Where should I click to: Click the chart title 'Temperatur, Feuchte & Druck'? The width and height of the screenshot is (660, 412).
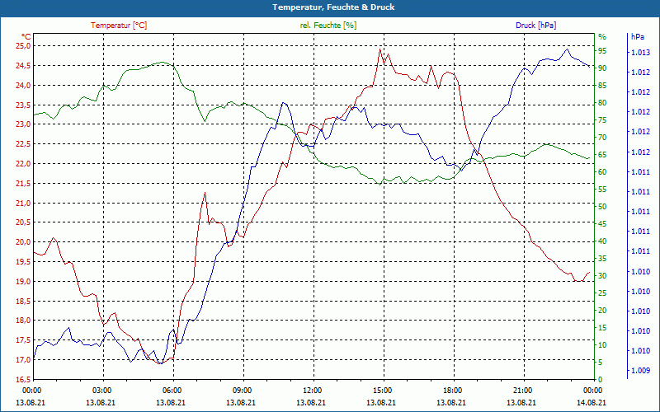(329, 7)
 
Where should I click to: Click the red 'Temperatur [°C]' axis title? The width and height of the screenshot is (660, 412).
(118, 26)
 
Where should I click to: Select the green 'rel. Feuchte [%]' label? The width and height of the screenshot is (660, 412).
(328, 26)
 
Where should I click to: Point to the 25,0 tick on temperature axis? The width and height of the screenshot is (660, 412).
(21, 45)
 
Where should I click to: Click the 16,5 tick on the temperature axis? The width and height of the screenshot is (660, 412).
(21, 380)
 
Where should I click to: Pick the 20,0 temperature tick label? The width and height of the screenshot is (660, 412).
(21, 242)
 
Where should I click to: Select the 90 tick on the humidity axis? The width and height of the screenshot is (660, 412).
(603, 68)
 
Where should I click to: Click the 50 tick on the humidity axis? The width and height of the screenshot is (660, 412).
(603, 207)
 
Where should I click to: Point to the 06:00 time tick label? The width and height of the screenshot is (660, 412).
(172, 390)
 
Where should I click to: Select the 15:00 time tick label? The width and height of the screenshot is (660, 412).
(382, 390)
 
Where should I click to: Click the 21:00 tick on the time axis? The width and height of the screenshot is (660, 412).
(522, 390)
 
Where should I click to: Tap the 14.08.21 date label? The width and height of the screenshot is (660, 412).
(592, 401)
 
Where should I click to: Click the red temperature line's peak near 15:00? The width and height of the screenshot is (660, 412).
(379, 49)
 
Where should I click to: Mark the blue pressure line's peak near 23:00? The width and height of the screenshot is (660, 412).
(566, 49)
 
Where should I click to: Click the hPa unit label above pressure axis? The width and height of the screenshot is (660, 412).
(637, 37)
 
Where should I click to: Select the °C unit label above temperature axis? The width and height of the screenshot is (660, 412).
(26, 37)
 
